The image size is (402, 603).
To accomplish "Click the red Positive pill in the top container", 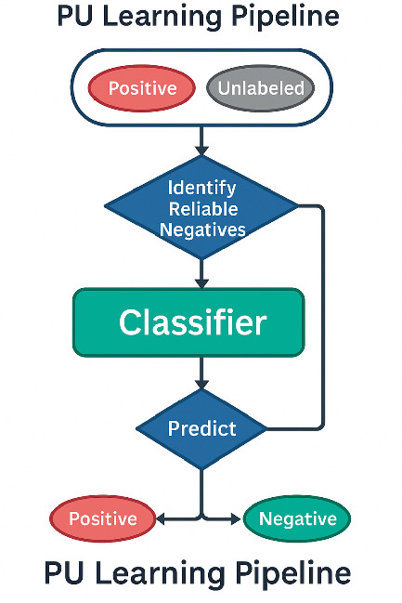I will pyautogui.click(x=141, y=88).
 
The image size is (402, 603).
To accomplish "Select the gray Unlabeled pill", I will pyautogui.click(x=260, y=88).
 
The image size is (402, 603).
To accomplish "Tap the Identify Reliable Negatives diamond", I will pyautogui.click(x=201, y=207).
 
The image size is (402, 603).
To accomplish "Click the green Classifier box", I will pyautogui.click(x=189, y=322).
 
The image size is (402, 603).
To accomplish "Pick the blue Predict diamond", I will pyautogui.click(x=201, y=428).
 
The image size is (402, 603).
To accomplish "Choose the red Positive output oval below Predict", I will pyautogui.click(x=102, y=518).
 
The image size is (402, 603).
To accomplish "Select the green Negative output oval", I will pyautogui.click(x=296, y=518).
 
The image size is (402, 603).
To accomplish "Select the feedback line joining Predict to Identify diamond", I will pyautogui.click(x=322, y=316).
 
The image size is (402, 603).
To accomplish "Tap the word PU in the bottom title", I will pyautogui.click(x=64, y=572).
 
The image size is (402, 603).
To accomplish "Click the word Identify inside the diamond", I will pyautogui.click(x=201, y=187).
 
